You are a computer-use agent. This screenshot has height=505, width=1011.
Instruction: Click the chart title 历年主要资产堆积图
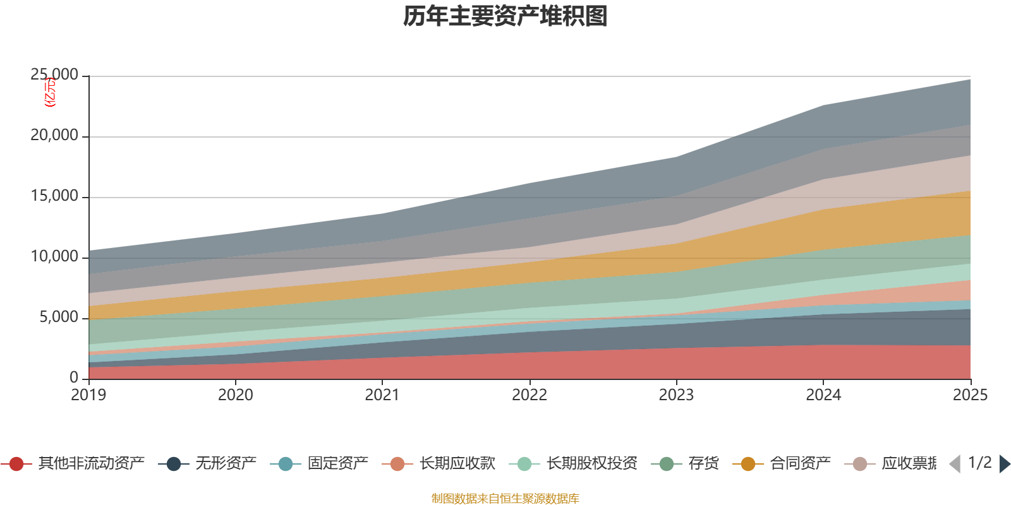(x=505, y=16)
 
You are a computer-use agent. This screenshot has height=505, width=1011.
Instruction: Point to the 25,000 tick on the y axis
(x=54, y=75)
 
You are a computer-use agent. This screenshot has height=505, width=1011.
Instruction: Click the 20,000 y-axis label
(x=54, y=136)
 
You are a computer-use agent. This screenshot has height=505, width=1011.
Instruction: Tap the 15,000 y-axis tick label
(x=54, y=196)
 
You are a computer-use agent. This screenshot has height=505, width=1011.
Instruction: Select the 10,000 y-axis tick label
(x=54, y=257)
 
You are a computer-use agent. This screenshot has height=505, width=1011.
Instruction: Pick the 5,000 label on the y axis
(x=59, y=317)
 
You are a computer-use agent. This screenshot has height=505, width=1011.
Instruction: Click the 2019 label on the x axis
(x=88, y=395)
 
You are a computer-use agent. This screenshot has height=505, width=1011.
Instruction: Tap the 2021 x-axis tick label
(x=382, y=395)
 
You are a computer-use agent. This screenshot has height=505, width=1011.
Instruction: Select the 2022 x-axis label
(x=530, y=395)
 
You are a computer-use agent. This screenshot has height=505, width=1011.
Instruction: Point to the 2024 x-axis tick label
(x=823, y=395)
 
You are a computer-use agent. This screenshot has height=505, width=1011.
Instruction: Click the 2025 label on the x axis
(x=970, y=395)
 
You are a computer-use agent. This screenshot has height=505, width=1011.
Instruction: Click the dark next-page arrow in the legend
(x=1004, y=464)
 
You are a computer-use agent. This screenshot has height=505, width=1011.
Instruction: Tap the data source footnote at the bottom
(x=505, y=499)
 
